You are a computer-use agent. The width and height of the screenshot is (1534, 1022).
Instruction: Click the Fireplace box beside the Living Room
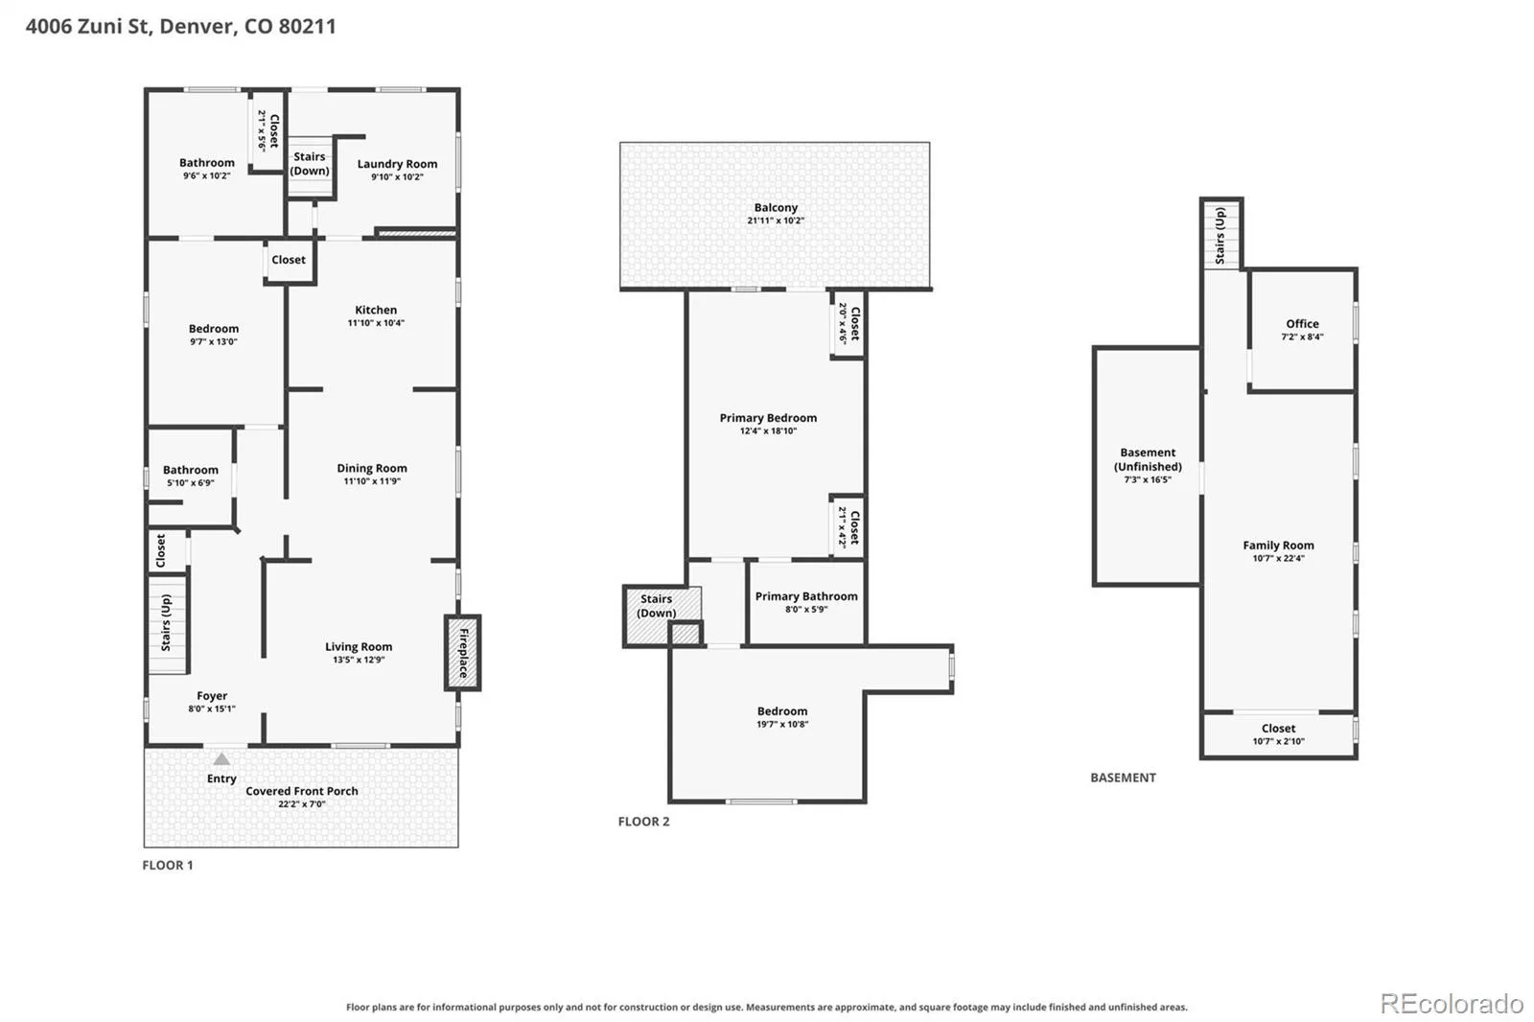tap(463, 653)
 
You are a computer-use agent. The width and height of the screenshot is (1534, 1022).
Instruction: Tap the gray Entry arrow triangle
tap(221, 759)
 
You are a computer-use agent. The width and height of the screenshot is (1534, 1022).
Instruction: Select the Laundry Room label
tap(397, 164)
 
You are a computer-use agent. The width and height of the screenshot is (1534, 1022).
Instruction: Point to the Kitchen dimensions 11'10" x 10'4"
tap(376, 323)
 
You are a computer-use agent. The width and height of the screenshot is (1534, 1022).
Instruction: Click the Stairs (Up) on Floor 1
tap(167, 623)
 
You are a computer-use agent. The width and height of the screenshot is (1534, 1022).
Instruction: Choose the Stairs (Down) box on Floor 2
tap(662, 616)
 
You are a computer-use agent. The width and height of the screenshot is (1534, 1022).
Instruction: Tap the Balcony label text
tap(776, 207)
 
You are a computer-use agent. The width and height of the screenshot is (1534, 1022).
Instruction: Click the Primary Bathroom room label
tap(806, 596)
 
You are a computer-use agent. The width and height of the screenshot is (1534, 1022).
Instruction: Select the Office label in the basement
tap(1302, 323)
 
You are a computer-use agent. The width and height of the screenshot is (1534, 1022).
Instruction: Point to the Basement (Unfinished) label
tap(1148, 459)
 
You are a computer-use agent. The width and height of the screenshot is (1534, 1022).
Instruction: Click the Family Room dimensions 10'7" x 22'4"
tap(1279, 558)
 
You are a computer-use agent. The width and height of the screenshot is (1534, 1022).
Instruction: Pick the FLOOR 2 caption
tap(643, 822)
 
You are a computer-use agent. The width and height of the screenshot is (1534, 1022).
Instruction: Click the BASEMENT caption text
tap(1123, 778)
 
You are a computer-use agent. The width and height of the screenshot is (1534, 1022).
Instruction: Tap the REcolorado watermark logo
tap(1452, 1004)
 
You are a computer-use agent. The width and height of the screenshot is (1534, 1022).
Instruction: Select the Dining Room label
tap(372, 468)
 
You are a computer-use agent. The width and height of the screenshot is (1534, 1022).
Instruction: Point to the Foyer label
tap(212, 695)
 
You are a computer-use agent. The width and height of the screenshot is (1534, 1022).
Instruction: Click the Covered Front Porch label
tap(302, 791)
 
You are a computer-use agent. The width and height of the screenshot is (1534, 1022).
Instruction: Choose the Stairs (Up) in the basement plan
tap(1221, 235)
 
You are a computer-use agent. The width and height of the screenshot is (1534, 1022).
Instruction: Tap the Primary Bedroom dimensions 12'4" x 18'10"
tap(768, 430)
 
